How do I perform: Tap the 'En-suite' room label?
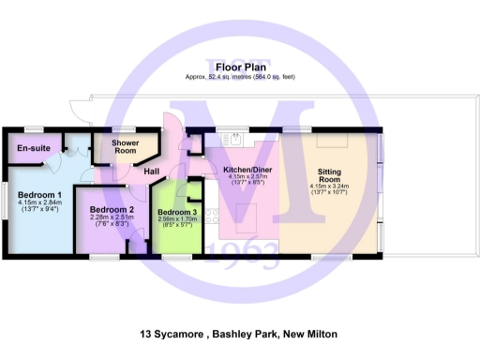tap(33, 148)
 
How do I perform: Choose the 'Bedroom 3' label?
tap(177, 213)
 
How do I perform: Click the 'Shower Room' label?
tap(126, 146)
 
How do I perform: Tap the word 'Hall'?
tap(151, 171)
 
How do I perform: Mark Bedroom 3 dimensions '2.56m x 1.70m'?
tap(177, 221)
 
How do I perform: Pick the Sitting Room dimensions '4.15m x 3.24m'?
tap(329, 186)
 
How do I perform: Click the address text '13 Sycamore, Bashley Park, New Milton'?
tap(238, 334)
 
